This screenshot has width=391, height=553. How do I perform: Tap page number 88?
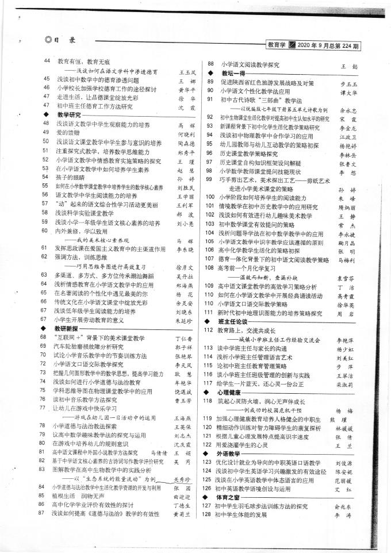(x=211, y=65)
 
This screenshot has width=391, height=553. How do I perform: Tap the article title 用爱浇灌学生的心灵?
(x=244, y=444)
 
